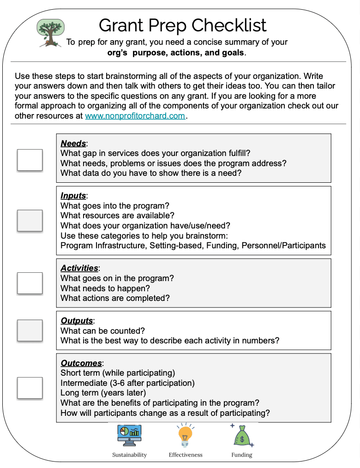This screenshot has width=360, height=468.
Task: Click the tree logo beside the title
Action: click(50, 32)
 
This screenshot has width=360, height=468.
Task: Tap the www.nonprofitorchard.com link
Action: click(135, 116)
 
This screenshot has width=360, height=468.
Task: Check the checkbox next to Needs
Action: click(30, 160)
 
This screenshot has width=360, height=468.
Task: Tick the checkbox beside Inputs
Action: click(30, 221)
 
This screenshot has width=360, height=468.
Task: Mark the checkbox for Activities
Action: click(30, 283)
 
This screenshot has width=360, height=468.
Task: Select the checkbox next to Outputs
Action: click(30, 330)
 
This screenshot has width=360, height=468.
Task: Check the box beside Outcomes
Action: click(30, 388)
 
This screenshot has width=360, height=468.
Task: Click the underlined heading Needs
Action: click(73, 144)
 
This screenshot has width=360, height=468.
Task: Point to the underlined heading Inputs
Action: click(73, 196)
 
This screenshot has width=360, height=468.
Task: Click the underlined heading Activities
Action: click(79, 268)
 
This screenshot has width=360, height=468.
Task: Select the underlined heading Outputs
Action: click(77, 321)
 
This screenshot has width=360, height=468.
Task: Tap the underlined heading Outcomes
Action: click(81, 363)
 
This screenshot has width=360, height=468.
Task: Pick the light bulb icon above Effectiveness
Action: click(185, 435)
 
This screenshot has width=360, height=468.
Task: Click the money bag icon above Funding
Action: click(241, 435)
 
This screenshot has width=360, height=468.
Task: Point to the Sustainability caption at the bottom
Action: click(129, 455)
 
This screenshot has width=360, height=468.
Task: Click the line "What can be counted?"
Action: click(102, 331)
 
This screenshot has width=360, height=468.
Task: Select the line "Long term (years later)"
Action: click(103, 393)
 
